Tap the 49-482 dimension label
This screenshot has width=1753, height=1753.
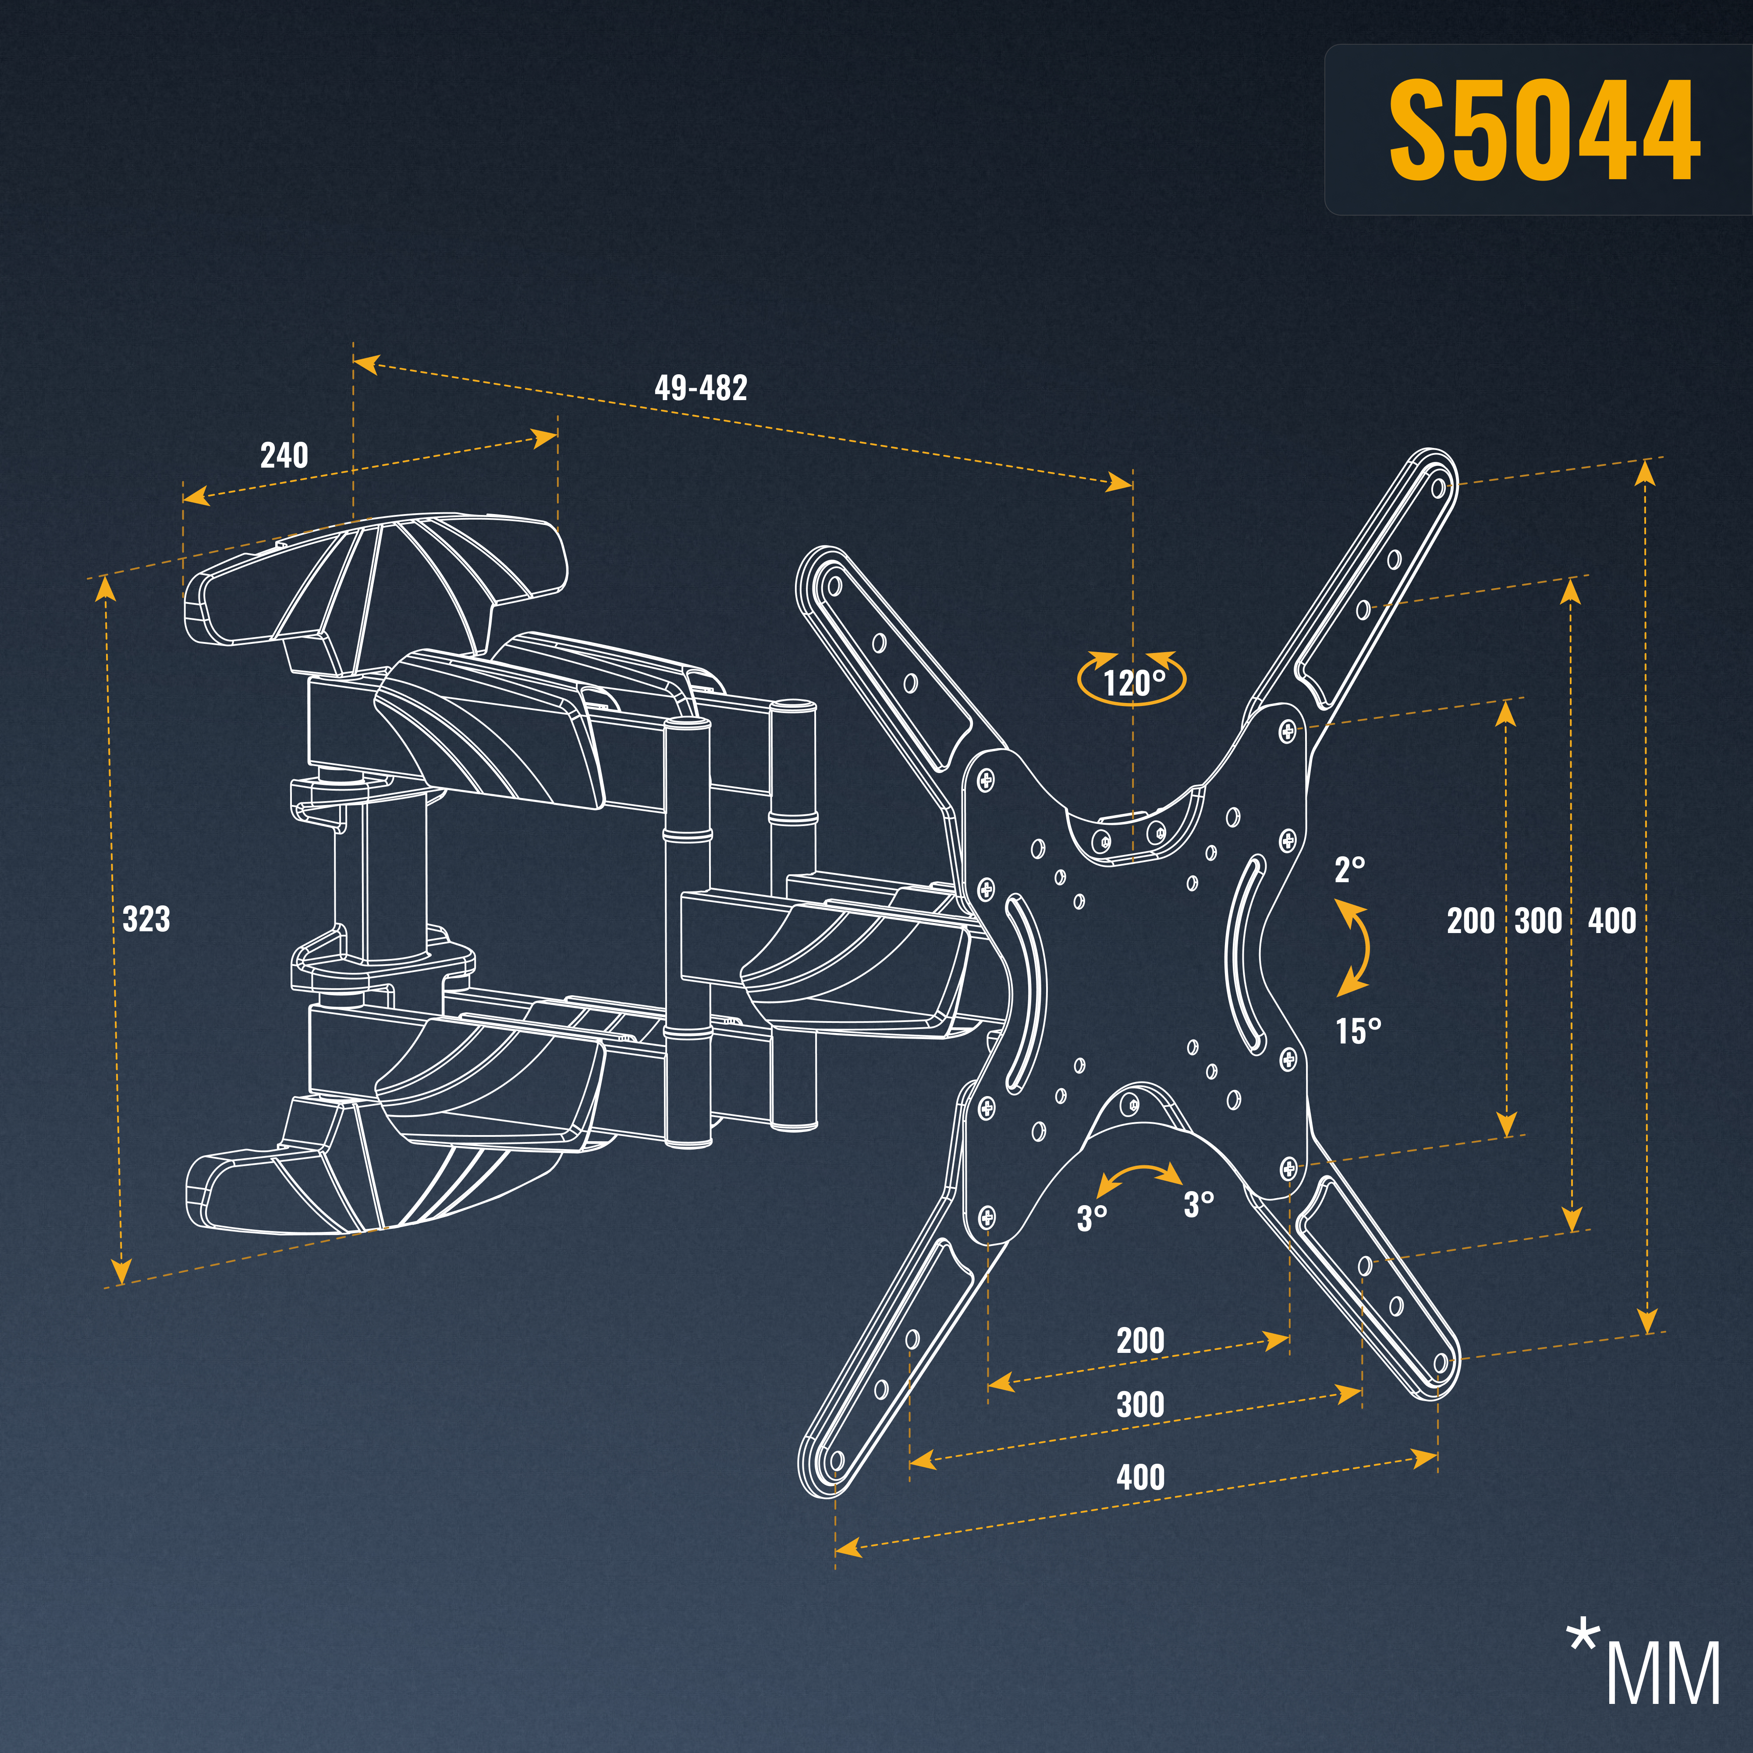point(700,388)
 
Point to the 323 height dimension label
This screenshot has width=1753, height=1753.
point(146,919)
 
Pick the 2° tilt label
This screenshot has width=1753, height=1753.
point(1349,870)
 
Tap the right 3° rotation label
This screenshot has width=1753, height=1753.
point(1198,1204)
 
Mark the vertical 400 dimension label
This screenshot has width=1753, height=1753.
point(1612,921)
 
